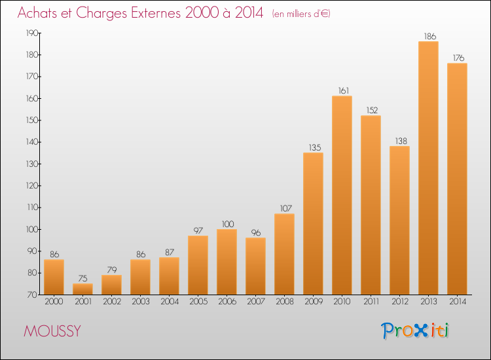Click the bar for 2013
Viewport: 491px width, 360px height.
(428, 168)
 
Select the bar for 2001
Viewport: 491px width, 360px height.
(82, 289)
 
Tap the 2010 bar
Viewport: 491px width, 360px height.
(342, 195)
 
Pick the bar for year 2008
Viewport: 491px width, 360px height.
(284, 254)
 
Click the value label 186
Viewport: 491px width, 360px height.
(430, 36)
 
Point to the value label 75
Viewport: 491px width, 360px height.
(82, 278)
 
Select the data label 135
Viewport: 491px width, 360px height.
(315, 147)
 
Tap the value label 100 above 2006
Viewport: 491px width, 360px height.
(228, 224)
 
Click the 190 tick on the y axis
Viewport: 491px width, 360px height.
(31, 33)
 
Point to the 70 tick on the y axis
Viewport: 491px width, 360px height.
(33, 295)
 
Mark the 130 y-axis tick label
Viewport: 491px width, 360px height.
(31, 164)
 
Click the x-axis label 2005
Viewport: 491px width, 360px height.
(198, 302)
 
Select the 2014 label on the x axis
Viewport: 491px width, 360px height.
(458, 302)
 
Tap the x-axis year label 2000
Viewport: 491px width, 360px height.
(54, 302)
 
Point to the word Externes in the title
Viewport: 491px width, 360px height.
(156, 12)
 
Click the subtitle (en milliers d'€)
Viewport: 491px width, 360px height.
(301, 14)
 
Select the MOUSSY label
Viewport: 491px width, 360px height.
(52, 331)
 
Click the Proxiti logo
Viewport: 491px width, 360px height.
(415, 331)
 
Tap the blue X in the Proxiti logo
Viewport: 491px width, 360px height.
(421, 331)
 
